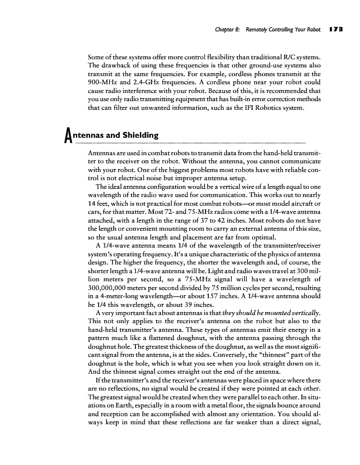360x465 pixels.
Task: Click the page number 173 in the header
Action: tap(335, 27)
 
